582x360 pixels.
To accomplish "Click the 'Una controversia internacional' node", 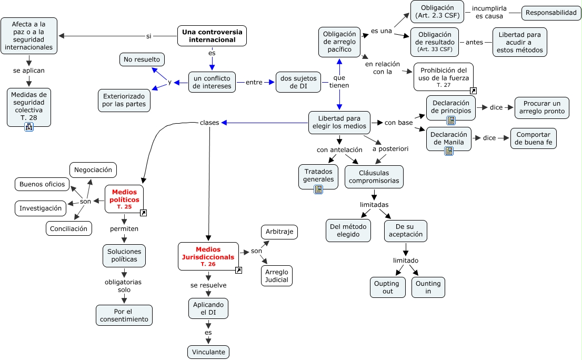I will (212, 36).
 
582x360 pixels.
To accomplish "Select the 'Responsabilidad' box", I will (551, 12).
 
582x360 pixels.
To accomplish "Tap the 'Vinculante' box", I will (208, 352).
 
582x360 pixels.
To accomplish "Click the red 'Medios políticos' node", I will (124, 199).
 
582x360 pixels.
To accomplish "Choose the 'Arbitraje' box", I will (279, 232).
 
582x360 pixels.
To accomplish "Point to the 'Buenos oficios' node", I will (42, 184).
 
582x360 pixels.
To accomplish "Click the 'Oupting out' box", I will (387, 287).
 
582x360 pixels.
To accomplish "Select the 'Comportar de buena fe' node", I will (533, 138).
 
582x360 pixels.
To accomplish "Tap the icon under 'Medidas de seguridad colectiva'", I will (29, 127).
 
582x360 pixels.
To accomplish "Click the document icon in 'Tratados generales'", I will (318, 189).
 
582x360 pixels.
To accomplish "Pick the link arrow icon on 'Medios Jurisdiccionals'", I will (238, 270).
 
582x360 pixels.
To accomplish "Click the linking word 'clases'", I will (209, 123).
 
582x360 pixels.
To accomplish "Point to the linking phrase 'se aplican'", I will (29, 70).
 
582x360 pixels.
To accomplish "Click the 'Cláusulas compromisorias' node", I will (374, 177).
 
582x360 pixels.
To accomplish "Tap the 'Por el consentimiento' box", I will (124, 315).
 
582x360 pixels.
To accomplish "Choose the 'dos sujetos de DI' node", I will (298, 82).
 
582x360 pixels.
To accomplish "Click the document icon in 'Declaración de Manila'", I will (449, 151).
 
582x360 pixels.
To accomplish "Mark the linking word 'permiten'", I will (124, 229).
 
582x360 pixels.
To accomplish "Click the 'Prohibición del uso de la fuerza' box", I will (443, 77).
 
